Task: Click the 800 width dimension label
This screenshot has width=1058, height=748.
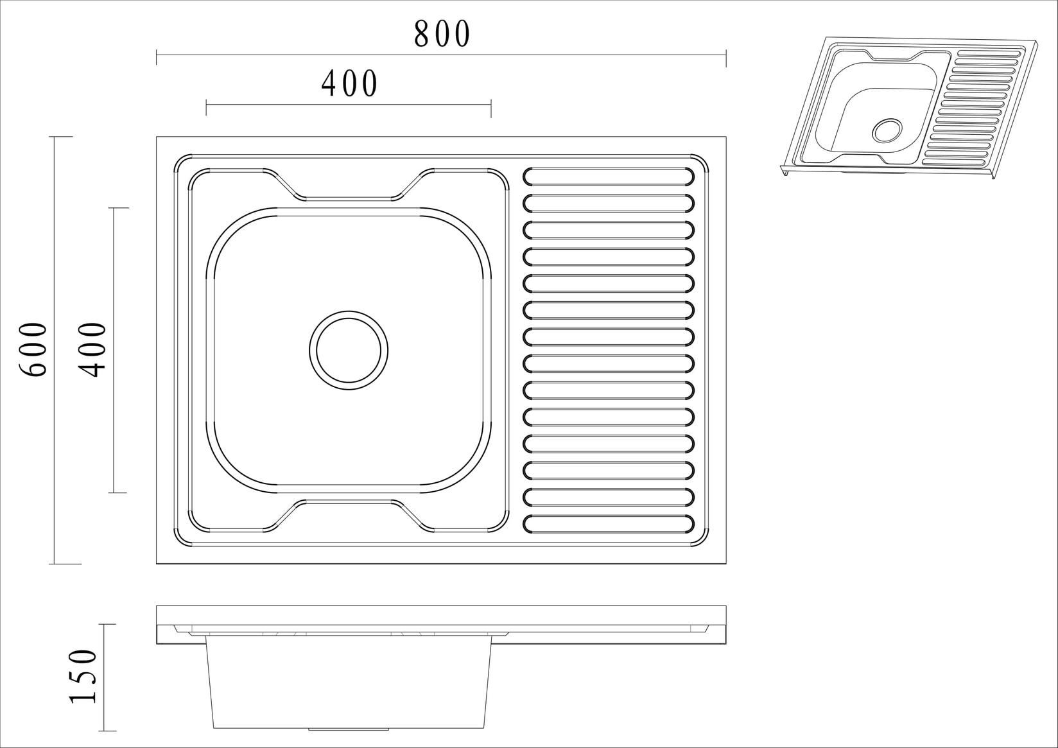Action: click(x=442, y=34)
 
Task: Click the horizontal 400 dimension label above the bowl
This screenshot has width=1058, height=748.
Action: click(x=349, y=84)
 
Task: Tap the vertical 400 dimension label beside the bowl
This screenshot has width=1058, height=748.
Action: click(x=92, y=350)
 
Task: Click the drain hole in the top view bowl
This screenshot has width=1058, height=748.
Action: click(x=349, y=351)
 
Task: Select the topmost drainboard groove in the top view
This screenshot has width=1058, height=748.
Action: click(x=609, y=176)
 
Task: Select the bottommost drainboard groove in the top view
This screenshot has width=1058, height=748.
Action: click(x=609, y=524)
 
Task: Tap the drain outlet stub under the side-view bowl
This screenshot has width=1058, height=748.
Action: click(x=349, y=729)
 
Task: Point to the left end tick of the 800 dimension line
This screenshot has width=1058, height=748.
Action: click(x=157, y=57)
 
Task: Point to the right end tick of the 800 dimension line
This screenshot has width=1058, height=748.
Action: click(x=726, y=57)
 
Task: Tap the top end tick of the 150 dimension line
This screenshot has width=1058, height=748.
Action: click(x=107, y=624)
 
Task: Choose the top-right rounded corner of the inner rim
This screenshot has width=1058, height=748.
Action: click(x=700, y=161)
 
